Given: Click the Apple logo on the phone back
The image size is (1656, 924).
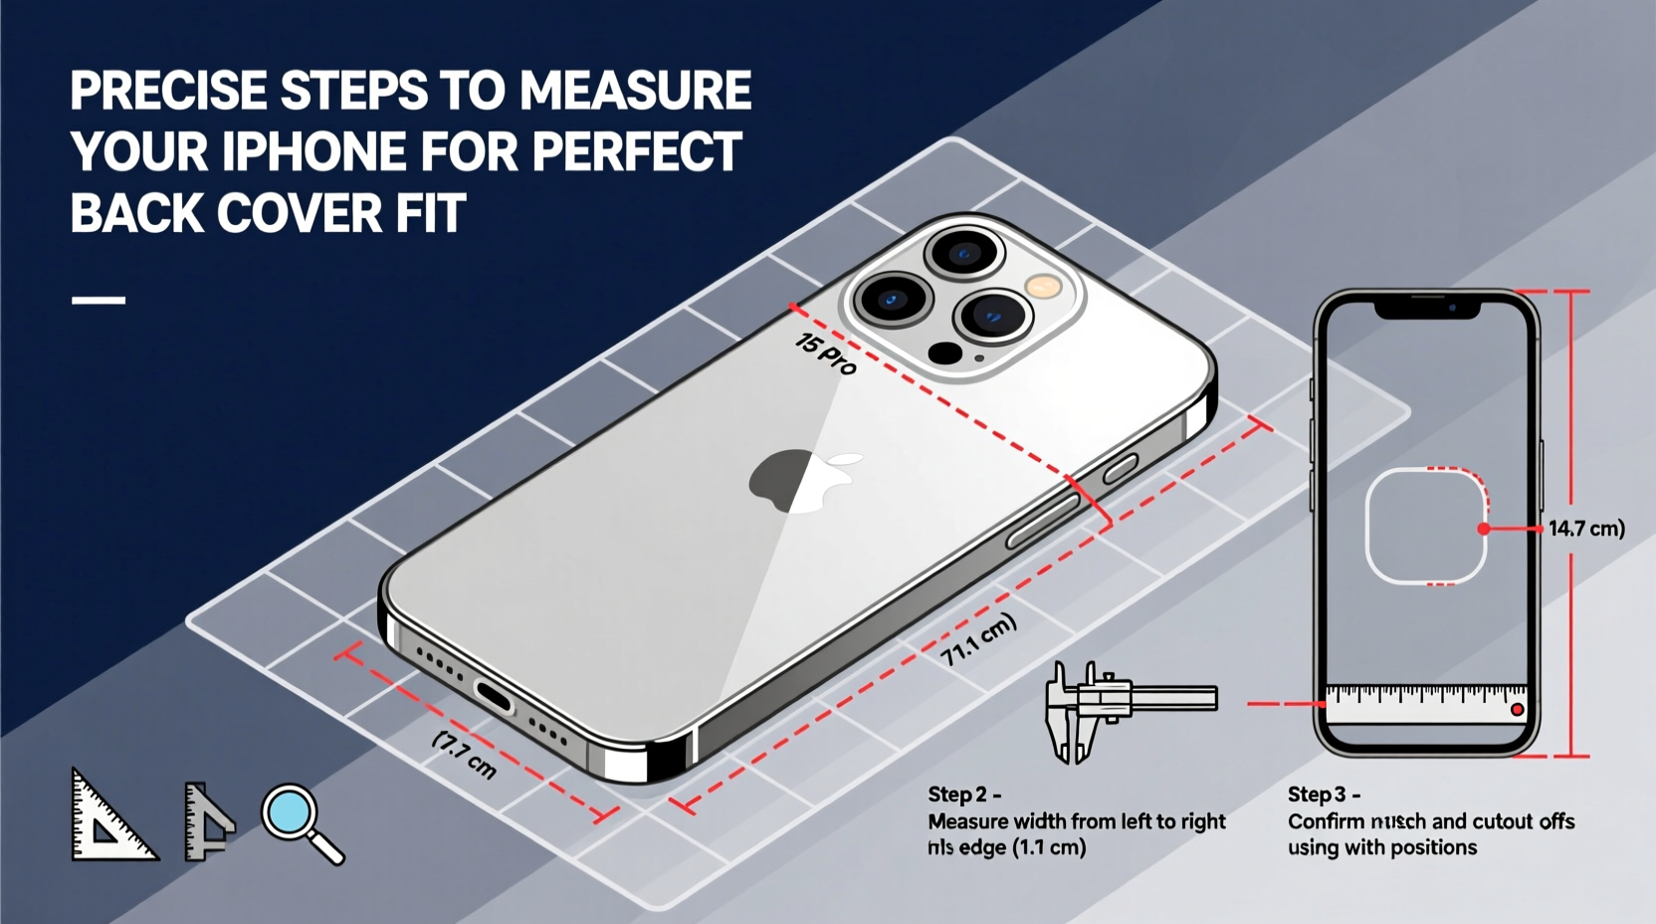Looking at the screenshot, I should pyautogui.click(x=802, y=480).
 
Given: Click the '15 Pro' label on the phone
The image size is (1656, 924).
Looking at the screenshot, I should pyautogui.click(x=825, y=353).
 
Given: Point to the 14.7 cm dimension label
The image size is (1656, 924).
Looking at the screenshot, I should pyautogui.click(x=1585, y=528).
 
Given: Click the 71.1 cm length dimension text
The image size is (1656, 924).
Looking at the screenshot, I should pyautogui.click(x=978, y=639).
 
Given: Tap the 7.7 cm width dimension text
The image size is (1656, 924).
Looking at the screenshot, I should pyautogui.click(x=465, y=755).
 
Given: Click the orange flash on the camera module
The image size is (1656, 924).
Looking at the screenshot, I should pyautogui.click(x=1044, y=287).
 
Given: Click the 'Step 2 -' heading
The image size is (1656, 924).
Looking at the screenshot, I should pyautogui.click(x=963, y=795).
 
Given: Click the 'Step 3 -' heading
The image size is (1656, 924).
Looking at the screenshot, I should pyautogui.click(x=1323, y=795).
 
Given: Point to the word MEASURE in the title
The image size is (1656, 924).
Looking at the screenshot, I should pyautogui.click(x=635, y=91).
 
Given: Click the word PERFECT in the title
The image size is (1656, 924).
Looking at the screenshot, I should pyautogui.click(x=637, y=152).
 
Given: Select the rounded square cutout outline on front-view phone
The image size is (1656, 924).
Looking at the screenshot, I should pyautogui.click(x=1425, y=526).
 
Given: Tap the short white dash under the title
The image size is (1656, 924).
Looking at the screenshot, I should pyautogui.click(x=99, y=299).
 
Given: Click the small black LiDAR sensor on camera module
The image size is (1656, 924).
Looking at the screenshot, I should pyautogui.click(x=944, y=352).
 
